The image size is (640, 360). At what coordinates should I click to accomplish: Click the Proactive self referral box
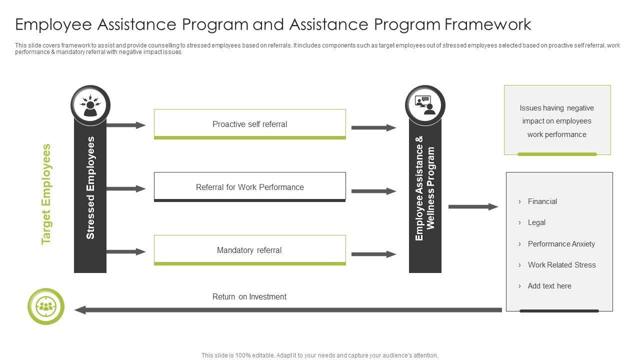[249, 124]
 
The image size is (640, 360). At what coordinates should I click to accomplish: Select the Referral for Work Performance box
[249, 187]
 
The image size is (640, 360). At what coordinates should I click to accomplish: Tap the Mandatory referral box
[249, 250]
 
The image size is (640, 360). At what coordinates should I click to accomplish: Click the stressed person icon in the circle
[90, 105]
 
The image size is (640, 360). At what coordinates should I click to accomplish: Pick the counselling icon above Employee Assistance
[425, 105]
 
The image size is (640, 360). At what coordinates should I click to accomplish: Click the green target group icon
[46, 306]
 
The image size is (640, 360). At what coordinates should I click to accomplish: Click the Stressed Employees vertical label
[90, 187]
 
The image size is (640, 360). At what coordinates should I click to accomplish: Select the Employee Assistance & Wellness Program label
[425, 187]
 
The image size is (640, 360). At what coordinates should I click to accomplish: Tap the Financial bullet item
[542, 201]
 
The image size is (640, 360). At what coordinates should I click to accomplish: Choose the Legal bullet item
[536, 222]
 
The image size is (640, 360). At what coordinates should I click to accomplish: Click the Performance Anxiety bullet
[561, 244]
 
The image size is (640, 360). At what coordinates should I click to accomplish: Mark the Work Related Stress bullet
[561, 265]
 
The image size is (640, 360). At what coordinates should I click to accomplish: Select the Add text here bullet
[549, 286]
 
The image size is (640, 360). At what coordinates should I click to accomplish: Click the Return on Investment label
[249, 296]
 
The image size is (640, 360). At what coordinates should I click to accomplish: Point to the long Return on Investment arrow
[287, 310]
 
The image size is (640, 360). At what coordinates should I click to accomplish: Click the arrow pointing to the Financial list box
[473, 206]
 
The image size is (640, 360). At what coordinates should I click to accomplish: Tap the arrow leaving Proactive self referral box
[373, 127]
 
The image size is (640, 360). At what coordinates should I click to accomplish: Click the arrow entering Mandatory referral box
[126, 251]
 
